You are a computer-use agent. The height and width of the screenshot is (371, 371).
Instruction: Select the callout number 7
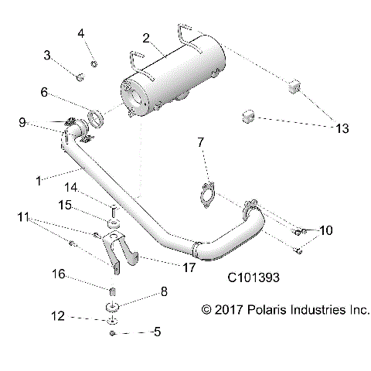click(x=201, y=142)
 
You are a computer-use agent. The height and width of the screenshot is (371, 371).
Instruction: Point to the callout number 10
click(x=326, y=230)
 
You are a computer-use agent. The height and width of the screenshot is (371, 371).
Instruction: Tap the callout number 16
click(x=57, y=274)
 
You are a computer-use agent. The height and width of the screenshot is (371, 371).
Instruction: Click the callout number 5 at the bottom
click(x=157, y=333)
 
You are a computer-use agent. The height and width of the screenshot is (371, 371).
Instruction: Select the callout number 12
click(x=56, y=316)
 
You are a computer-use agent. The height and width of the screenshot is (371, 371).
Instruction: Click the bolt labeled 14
click(x=113, y=209)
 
